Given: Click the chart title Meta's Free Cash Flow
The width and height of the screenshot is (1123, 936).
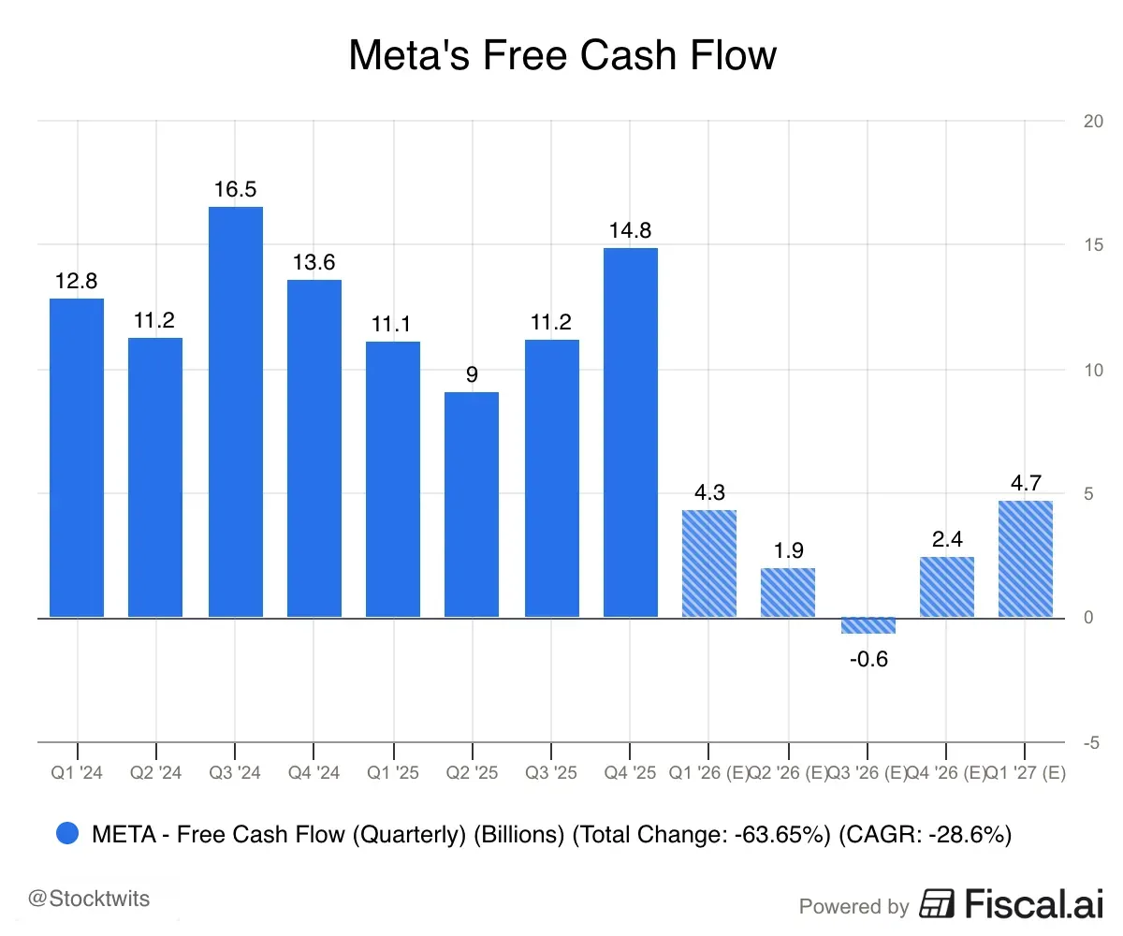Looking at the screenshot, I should (x=561, y=55).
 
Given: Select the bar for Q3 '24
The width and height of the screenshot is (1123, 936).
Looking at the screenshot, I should (x=235, y=412).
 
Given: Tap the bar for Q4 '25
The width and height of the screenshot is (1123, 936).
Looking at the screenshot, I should (x=630, y=432).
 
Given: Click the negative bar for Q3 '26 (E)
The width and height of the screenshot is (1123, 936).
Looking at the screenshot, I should (x=868, y=625).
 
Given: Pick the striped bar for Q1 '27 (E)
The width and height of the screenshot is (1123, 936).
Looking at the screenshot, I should (x=1025, y=559).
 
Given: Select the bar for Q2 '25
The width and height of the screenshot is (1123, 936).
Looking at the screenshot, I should (x=472, y=505).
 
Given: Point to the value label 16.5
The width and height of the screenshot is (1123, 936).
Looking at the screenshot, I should (x=235, y=189).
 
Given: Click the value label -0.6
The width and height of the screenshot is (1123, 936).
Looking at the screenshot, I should (x=868, y=659).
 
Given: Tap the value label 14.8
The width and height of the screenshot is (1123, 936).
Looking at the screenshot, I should (x=630, y=230).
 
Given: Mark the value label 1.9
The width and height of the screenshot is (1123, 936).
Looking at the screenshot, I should (x=788, y=550).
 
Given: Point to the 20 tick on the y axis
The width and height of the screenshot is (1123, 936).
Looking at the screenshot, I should (x=1090, y=121).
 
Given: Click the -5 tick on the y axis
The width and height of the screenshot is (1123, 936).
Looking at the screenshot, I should (x=1090, y=743).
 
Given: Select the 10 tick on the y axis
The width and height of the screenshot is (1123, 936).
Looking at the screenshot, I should (x=1090, y=370).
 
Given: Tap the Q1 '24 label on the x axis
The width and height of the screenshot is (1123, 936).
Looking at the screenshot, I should (x=77, y=773).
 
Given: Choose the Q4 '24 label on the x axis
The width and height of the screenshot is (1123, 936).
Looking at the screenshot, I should (x=314, y=773).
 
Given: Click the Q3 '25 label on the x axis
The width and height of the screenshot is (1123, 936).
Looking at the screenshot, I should (x=551, y=773).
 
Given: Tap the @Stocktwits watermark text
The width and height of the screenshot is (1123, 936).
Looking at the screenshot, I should (x=89, y=899).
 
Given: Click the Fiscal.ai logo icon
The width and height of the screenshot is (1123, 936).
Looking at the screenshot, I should (x=937, y=904).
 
